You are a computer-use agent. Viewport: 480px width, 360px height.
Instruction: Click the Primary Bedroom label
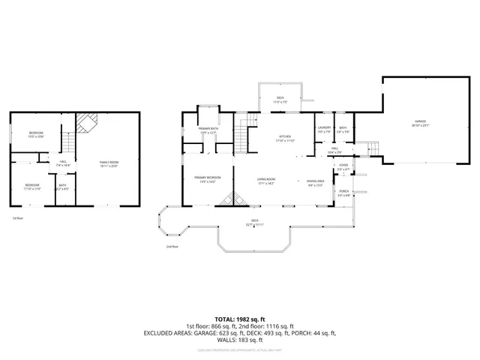208,178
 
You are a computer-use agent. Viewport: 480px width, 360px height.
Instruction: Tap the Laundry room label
324,128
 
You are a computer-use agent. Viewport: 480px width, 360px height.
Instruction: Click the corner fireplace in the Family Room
88,121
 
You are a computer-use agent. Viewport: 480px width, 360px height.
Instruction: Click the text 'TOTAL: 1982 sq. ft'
240,318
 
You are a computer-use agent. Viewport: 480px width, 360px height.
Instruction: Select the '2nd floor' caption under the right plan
172,246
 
